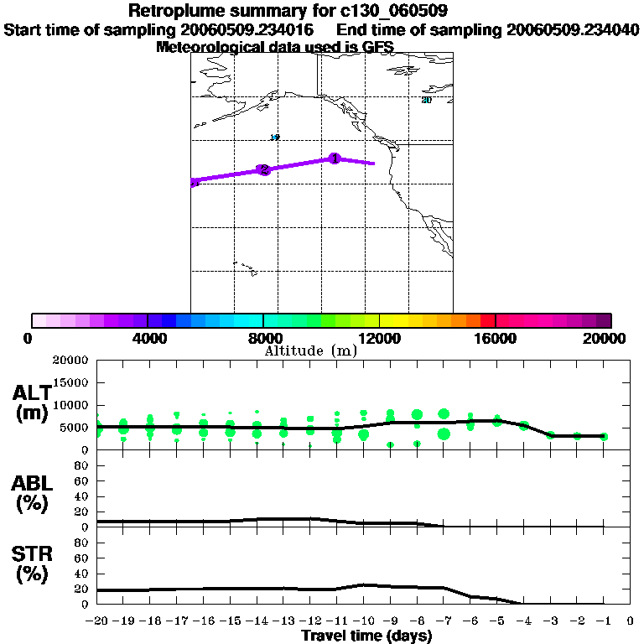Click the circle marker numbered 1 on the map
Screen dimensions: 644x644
[335, 158]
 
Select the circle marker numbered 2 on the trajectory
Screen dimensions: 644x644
[264, 169]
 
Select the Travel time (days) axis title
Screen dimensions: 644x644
[366, 636]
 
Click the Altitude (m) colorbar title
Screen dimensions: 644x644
[310, 351]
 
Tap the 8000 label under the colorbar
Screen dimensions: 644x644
[263, 338]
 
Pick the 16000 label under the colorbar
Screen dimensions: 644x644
[496, 338]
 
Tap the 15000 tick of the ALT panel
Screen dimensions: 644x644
[71, 382]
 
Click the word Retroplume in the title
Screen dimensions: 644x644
[170, 11]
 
